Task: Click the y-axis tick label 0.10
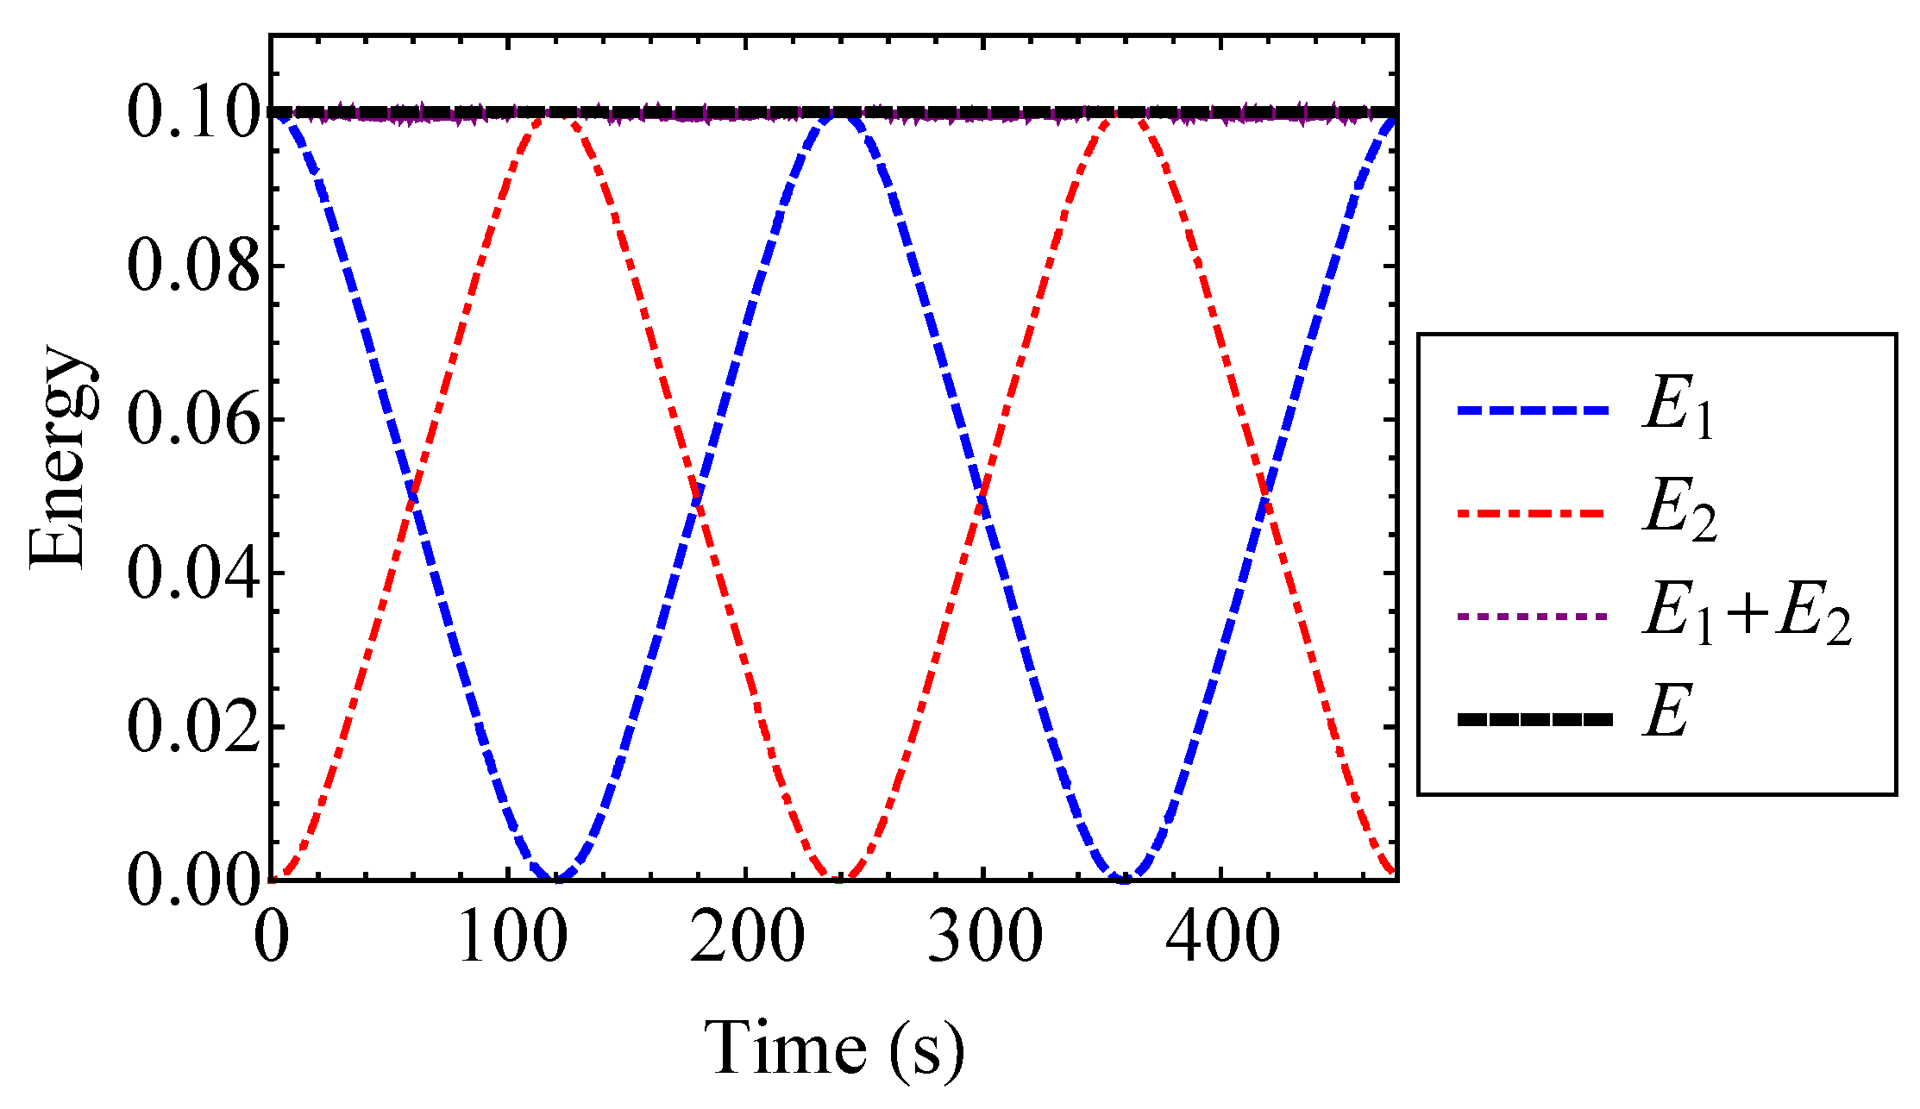(193, 113)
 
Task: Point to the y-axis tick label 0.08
(193, 266)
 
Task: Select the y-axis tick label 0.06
(193, 420)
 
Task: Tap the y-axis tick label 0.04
(193, 573)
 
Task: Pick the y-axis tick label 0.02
(193, 728)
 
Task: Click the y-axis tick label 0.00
(193, 881)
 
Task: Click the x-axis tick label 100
(511, 938)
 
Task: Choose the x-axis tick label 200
(747, 938)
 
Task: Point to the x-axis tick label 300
(984, 938)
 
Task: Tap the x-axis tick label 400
(1221, 938)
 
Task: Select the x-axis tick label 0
(272, 938)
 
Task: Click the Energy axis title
(59, 457)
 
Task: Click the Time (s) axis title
(833, 1049)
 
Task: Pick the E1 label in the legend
(1678, 411)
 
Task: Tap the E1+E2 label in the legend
(1747, 616)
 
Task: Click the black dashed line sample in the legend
(1534, 718)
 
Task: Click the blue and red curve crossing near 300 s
(982, 498)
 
